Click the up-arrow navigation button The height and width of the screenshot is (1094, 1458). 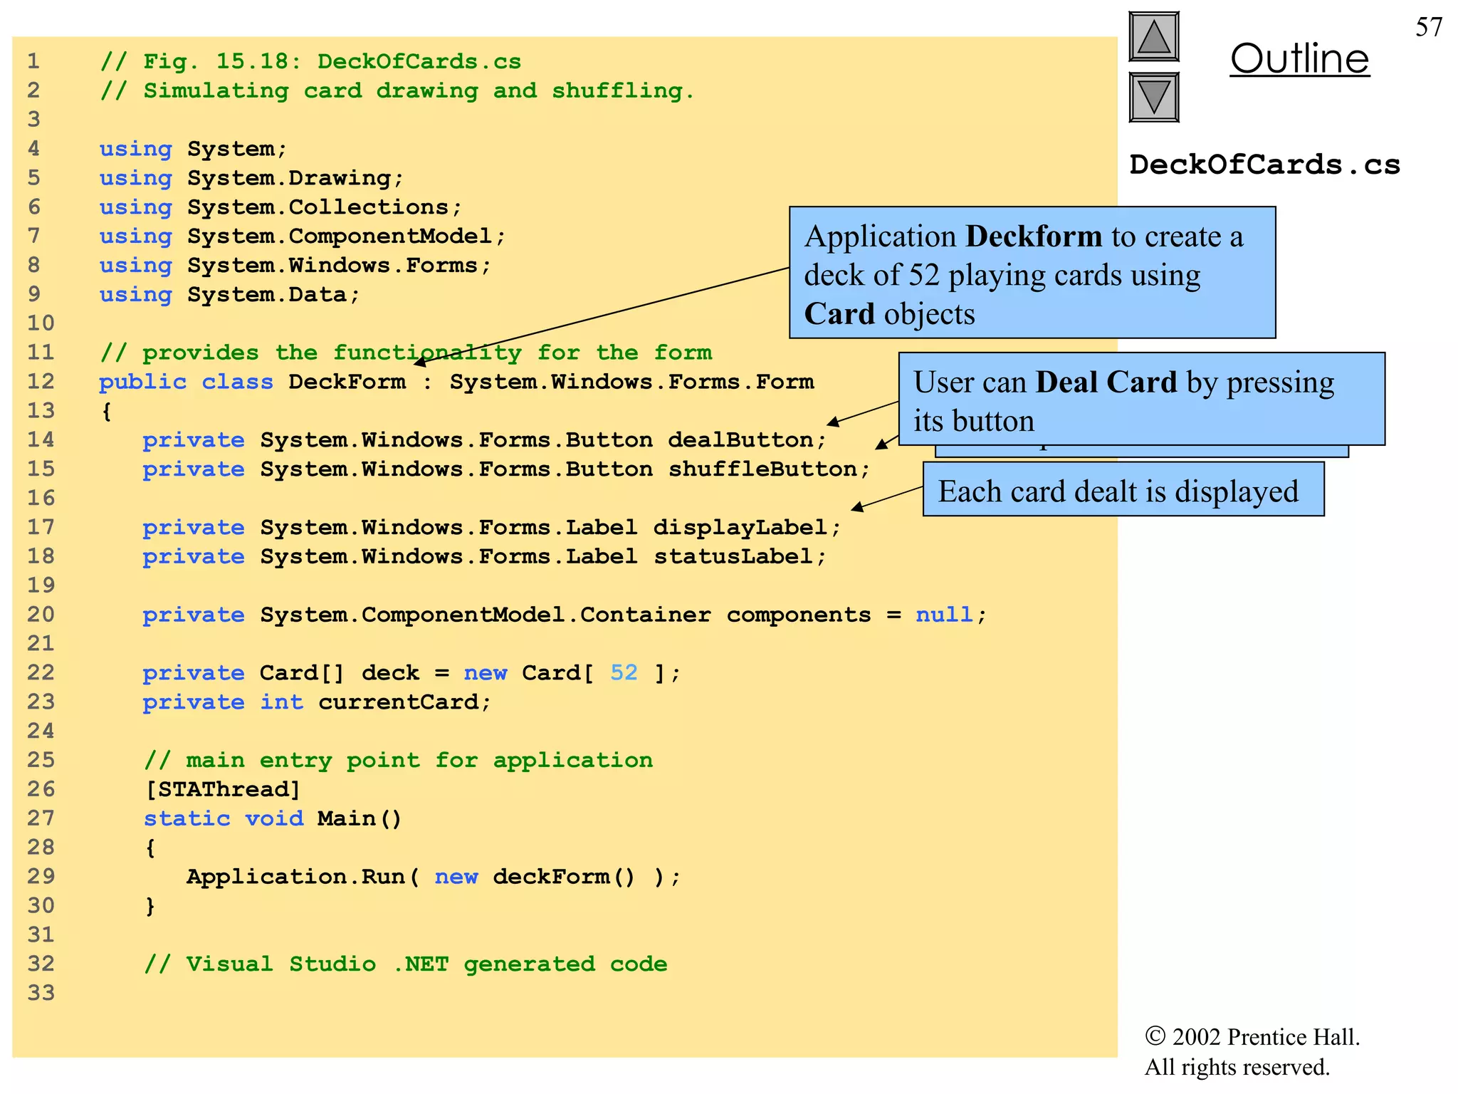[1153, 37]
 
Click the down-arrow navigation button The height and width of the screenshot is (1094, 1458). [1153, 97]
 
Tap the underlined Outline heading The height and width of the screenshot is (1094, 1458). [1299, 58]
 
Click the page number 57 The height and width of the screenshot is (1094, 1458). [1428, 27]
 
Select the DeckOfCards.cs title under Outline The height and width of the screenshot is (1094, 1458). [1264, 165]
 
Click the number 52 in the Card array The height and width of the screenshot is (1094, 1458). [624, 672]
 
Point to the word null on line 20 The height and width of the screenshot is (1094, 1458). [943, 614]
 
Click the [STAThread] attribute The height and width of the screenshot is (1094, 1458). [223, 789]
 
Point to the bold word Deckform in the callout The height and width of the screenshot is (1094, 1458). [1033, 236]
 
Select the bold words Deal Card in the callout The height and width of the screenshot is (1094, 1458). [1106, 382]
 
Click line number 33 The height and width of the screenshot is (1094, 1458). [41, 992]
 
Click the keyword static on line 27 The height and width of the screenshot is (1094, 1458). [187, 818]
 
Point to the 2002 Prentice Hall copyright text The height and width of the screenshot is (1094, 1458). [1252, 1037]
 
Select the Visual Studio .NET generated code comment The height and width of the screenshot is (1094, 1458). [405, 964]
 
